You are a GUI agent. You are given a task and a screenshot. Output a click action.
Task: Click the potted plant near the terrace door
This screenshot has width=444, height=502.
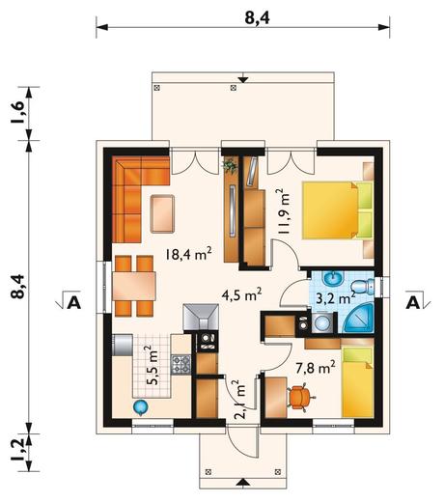230,167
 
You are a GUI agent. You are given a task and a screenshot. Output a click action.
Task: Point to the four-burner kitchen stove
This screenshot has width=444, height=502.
181,365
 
